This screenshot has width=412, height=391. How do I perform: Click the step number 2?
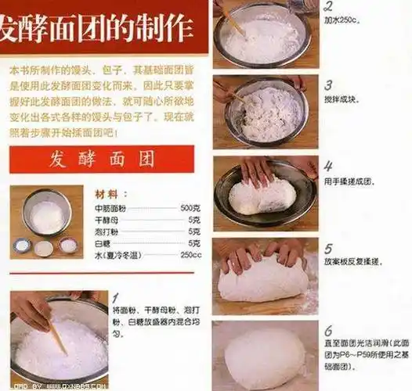click(329, 5)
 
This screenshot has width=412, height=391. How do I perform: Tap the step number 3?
click(329, 84)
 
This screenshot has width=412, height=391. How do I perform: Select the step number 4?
click(329, 167)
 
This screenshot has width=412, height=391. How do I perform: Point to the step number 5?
click(329, 249)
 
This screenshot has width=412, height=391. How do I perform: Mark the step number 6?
click(329, 330)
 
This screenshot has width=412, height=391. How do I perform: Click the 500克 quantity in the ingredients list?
click(190, 208)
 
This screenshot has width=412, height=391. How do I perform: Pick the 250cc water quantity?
click(190, 255)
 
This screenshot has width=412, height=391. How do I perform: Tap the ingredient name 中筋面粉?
click(111, 208)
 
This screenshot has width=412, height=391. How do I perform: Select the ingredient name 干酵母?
click(107, 220)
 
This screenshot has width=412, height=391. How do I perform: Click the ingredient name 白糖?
click(103, 243)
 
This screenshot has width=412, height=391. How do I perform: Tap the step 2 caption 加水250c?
click(342, 20)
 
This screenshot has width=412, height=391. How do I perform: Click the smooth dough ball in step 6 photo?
click(264, 358)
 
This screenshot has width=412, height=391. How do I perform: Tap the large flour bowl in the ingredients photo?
click(47, 213)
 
